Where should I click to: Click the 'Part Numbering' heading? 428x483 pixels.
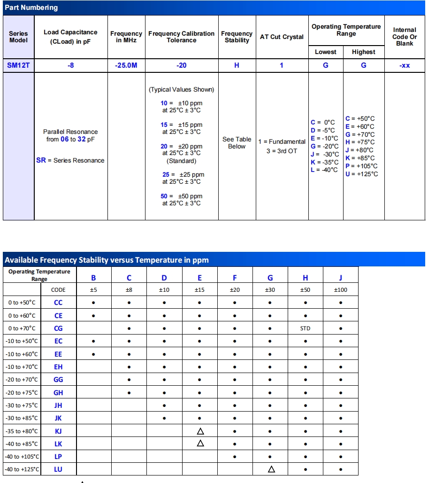coord(31,8)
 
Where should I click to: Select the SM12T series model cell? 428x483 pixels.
coord(18,65)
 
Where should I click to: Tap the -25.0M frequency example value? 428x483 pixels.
coord(126,65)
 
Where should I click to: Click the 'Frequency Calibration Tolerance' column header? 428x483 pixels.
coord(181,37)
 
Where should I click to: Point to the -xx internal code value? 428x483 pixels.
coord(405,65)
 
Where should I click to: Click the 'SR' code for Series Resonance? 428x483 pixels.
coord(41,160)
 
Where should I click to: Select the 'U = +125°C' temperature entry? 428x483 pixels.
coord(361,174)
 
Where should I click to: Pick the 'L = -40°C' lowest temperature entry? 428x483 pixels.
coord(324,170)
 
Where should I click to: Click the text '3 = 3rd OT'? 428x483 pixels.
coord(282,151)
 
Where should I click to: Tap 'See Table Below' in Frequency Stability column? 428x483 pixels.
coord(237,143)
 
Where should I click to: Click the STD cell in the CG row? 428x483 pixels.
coord(305,328)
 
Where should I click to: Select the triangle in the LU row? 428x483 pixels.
coord(271,469)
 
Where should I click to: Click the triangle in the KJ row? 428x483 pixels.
coord(200,431)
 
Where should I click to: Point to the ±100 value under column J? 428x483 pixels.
coord(340,290)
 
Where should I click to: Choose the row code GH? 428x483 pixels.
coord(58,393)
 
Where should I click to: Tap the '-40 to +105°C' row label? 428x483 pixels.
coord(22,456)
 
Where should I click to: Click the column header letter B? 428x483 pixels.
coord(93,278)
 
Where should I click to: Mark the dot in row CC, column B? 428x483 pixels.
coord(93,303)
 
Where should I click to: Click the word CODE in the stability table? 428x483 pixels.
coord(58,290)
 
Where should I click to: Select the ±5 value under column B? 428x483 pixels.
coord(93,290)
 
